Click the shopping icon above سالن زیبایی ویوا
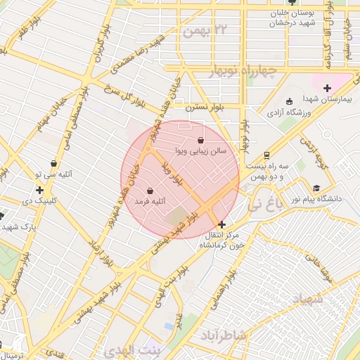click(201, 141)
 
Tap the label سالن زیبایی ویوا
click(200, 151)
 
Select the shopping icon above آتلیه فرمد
click(150, 191)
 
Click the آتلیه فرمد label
click(150, 201)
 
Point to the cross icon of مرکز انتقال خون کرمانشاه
click(223, 224)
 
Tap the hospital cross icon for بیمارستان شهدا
click(327, 88)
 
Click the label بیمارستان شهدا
click(326, 99)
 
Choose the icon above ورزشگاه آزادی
click(290, 101)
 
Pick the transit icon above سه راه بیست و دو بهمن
click(266, 155)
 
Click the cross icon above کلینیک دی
click(39, 190)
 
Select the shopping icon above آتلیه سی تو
click(53, 163)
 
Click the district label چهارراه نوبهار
click(244, 72)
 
